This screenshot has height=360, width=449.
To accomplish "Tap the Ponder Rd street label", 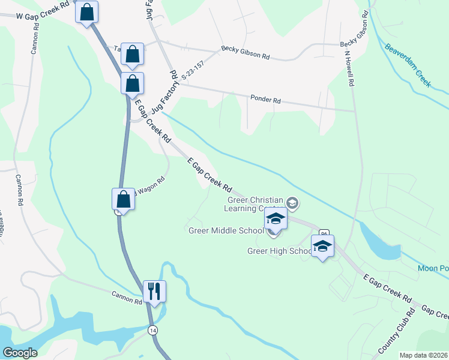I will [265, 101].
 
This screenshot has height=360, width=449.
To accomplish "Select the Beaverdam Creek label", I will [408, 65].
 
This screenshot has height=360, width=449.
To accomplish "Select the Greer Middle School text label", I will [226, 230].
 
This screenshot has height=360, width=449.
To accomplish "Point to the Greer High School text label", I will [279, 251].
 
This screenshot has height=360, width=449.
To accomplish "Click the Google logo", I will [20, 353].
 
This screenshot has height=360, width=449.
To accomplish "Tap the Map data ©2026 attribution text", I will [423, 355].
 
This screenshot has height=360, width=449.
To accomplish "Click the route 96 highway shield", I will [324, 233].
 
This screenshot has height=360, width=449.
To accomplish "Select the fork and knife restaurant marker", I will [154, 291].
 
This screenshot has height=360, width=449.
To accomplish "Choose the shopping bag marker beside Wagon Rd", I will [123, 199].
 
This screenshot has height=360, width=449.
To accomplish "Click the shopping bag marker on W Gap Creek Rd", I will [86, 11].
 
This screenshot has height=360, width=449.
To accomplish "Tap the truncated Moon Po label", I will [433, 269].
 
